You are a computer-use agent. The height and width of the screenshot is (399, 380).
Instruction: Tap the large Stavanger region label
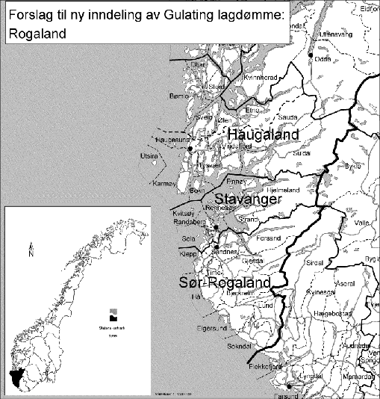[x=247, y=200]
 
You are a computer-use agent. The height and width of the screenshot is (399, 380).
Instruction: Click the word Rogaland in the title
[x=34, y=34]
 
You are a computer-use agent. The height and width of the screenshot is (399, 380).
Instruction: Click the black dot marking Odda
[x=311, y=54]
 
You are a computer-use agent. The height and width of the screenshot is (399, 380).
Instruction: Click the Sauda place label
[x=287, y=117]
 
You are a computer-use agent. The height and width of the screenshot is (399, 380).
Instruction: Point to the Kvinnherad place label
[x=261, y=77]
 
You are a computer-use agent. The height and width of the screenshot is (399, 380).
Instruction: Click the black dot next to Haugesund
[x=191, y=149]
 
